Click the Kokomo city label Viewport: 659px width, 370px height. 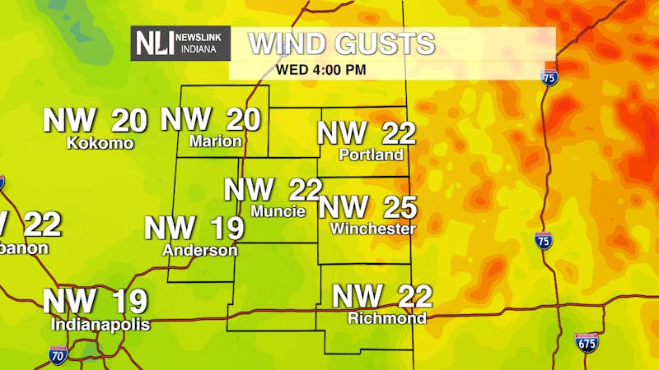point(100,143)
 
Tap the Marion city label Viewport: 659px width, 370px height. point(215,141)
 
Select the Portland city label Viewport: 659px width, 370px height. point(372,155)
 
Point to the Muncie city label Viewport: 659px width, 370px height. point(278,211)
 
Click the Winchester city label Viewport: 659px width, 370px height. point(373,229)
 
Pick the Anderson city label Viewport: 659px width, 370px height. point(200,250)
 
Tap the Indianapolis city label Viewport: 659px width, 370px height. point(100,325)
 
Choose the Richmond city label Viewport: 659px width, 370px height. point(387,318)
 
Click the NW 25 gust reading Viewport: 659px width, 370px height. point(367,207)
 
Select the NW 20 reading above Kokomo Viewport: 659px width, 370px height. point(95,120)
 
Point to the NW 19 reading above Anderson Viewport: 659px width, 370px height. point(194,228)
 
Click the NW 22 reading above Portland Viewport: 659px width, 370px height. point(367,133)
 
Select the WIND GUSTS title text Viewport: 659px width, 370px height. point(341,44)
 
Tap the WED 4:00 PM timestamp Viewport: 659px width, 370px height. point(321,69)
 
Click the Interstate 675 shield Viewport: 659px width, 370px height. point(586,342)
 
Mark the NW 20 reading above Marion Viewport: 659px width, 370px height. point(211,119)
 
